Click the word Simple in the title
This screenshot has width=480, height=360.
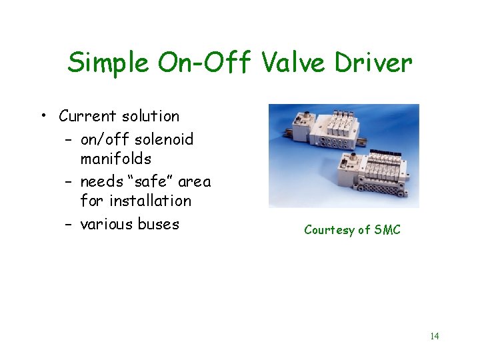pos(107,63)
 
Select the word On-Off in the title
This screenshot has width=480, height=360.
pos(205,63)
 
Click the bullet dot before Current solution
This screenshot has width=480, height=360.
pos(43,117)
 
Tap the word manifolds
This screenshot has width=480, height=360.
pos(115,159)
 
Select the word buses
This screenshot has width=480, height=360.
pos(158,224)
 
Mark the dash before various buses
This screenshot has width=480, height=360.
pos(69,225)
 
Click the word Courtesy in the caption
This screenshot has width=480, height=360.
pos(329,230)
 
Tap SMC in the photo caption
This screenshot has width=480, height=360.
pos(387,230)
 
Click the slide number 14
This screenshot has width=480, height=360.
pos(434,336)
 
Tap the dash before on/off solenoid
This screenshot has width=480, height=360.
pos(69,140)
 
